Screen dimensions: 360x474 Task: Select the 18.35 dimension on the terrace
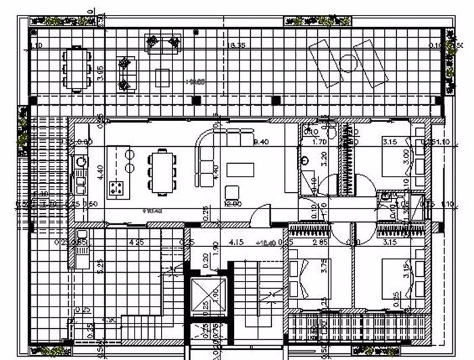coord(236,45)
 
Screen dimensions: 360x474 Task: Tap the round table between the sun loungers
coord(348,64)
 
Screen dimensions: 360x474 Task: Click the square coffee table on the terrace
coord(162,76)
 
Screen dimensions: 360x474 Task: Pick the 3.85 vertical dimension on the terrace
coord(100,73)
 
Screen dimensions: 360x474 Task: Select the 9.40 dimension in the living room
coord(261,142)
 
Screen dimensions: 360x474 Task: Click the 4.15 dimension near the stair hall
coord(237,242)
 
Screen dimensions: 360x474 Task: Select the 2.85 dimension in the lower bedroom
coord(320,242)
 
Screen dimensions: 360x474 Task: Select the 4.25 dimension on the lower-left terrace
coord(136,242)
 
